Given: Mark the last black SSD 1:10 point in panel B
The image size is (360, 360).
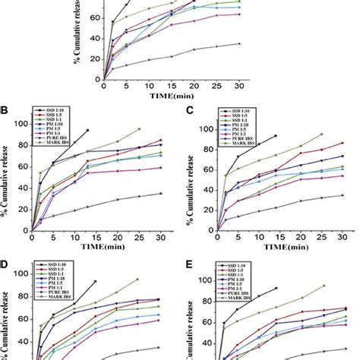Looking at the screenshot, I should pyautogui.click(x=88, y=131).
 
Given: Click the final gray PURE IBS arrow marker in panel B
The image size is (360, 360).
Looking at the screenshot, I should pyautogui.click(x=160, y=194).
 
